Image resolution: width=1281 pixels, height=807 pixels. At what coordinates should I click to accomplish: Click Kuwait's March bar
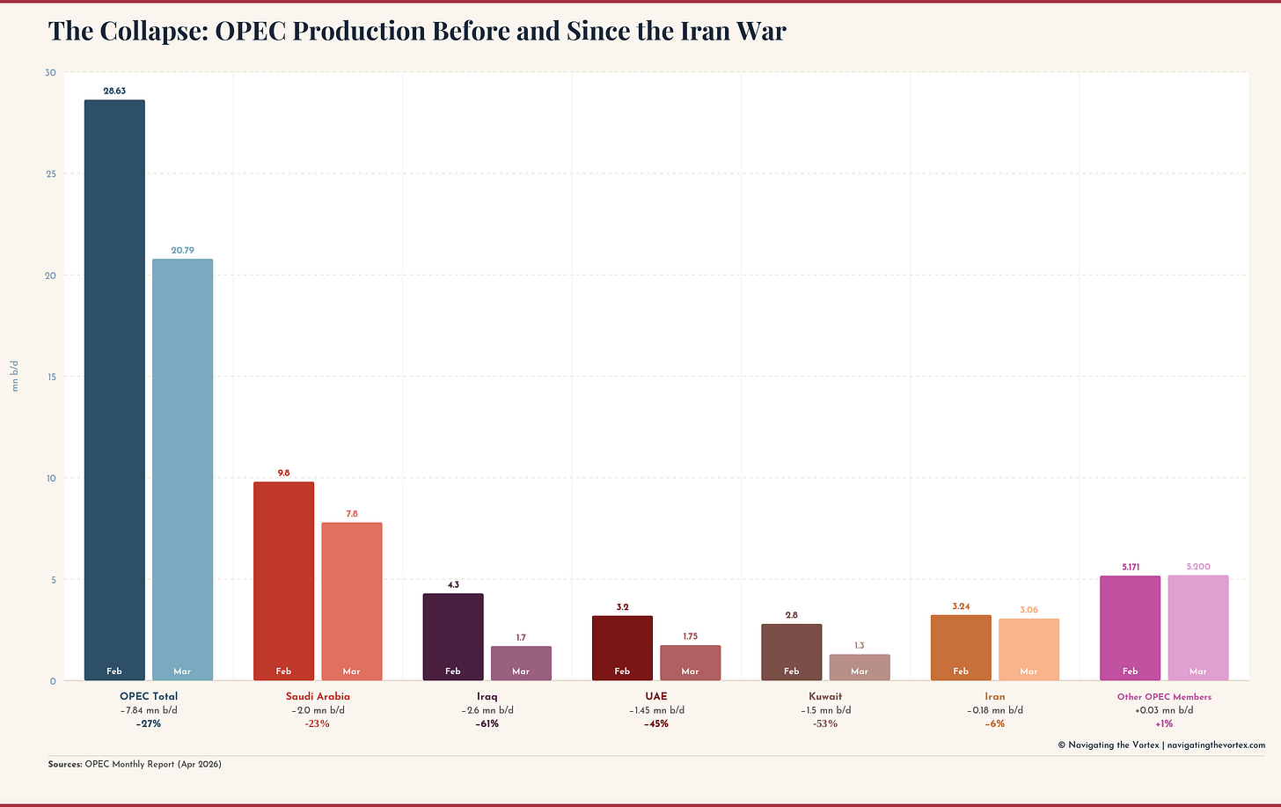(860, 667)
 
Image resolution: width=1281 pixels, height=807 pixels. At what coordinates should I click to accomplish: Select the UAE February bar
(622, 648)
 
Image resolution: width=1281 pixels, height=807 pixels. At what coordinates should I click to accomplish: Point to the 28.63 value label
(114, 91)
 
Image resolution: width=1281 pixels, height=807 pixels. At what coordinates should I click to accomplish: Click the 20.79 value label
(182, 251)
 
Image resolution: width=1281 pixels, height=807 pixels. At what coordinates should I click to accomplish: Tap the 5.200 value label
(1198, 567)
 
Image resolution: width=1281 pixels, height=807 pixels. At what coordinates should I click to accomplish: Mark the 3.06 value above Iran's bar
(1028, 610)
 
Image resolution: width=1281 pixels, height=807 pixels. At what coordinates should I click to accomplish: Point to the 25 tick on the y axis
(51, 174)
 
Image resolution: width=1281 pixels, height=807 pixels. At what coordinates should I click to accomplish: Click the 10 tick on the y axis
(51, 479)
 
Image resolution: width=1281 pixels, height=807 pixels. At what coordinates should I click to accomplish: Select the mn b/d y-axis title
(15, 376)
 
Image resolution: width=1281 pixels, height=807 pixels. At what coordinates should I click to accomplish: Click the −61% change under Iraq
(487, 724)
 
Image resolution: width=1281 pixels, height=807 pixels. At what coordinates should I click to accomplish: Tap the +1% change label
(1164, 724)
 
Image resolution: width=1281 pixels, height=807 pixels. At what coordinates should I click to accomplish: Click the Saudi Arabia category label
(318, 696)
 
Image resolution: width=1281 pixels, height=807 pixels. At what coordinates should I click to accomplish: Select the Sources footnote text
(135, 764)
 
